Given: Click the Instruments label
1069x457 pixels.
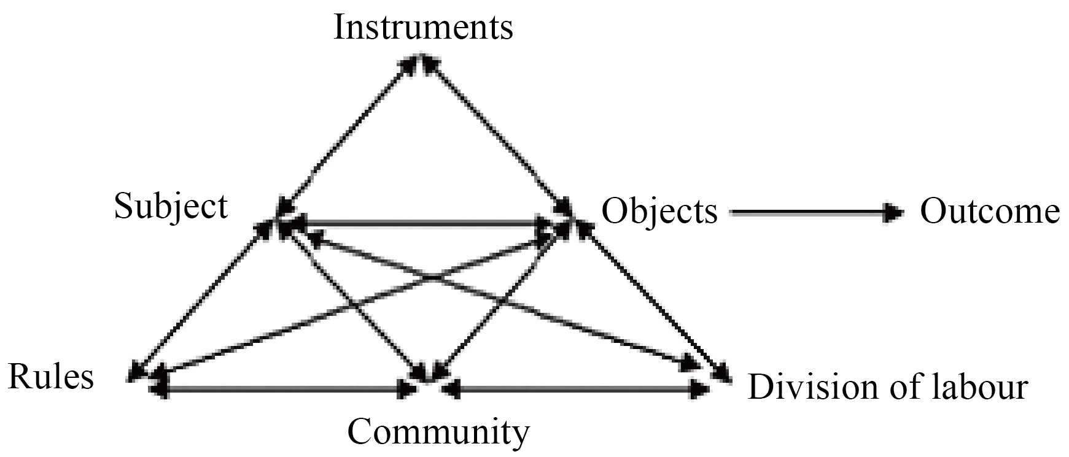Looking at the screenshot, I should tap(422, 28).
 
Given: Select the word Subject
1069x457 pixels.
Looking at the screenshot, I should tap(171, 207).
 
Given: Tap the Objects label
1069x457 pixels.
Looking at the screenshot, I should tap(659, 212).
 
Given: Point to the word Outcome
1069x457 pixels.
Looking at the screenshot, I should tap(989, 212).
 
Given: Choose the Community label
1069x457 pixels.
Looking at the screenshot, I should tap(438, 432).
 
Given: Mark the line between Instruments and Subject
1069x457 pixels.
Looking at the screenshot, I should tap(347, 135).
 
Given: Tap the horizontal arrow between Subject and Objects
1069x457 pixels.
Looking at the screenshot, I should tap(418, 225).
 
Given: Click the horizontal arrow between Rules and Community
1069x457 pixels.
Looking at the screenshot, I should tap(282, 389).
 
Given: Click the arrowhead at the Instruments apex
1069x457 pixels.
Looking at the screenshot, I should tap(421, 61).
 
